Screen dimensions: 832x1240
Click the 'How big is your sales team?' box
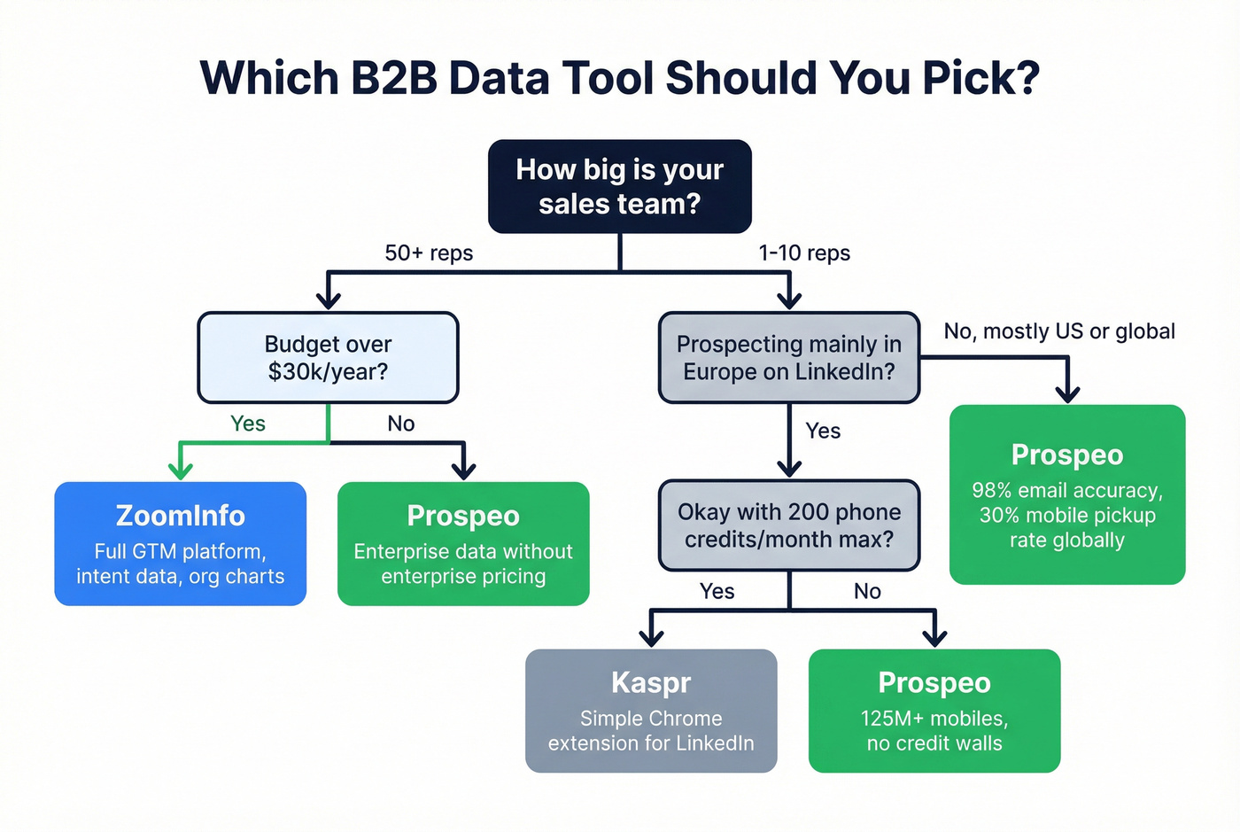tap(620, 186)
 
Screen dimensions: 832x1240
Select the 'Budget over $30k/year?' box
tap(328, 357)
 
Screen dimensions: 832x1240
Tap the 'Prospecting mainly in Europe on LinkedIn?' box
tap(788, 357)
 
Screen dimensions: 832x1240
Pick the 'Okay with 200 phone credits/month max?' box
tap(788, 525)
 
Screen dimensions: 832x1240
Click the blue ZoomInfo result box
tap(181, 543)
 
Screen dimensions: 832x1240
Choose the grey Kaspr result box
tap(651, 711)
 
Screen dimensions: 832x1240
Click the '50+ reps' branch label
tap(429, 253)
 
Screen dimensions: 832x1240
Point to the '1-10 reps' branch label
tap(804, 253)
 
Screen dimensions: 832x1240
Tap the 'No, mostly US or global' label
tap(1059, 331)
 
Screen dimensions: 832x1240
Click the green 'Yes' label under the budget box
tap(248, 424)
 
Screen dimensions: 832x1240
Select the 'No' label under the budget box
tap(400, 424)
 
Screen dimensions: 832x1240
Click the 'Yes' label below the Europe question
tap(823, 431)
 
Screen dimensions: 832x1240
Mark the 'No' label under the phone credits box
tap(867, 591)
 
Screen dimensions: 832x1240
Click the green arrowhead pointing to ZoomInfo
tap(181, 470)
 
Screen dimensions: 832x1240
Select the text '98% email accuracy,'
tap(1067, 491)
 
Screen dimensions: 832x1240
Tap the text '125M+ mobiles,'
tap(934, 719)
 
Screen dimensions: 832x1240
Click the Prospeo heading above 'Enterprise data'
tap(463, 516)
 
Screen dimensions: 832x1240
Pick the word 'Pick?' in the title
tap(980, 78)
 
